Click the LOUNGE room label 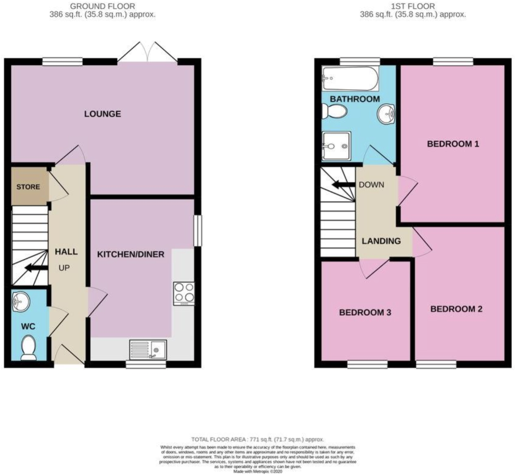pos(103,114)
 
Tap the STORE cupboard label pos(28,187)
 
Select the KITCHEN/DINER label pos(131,254)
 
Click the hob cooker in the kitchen pos(184,293)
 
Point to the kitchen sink pos(148,350)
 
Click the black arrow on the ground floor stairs pos(36,268)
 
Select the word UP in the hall pos(64,268)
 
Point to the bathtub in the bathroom pos(350,79)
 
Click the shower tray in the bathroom pos(336,145)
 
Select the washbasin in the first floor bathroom pos(387,112)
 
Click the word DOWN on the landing pos(371,185)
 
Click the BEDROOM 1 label pos(453,144)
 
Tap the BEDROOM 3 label pos(365,312)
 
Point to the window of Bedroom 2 pos(436,364)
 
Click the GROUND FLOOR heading pos(103,6)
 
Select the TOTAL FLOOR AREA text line pos(257,440)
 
